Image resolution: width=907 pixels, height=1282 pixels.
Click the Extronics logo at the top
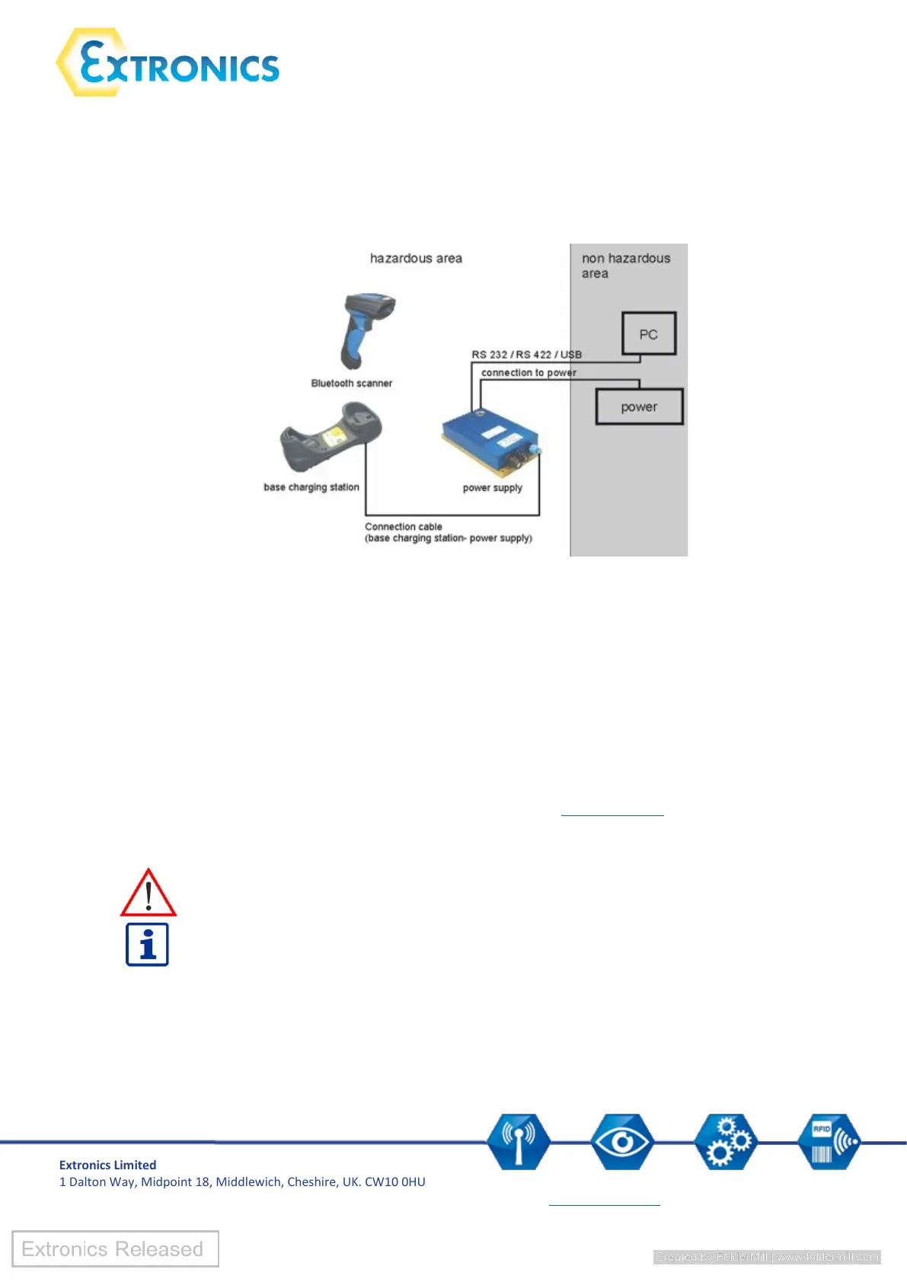168,62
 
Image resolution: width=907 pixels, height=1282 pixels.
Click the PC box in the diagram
649,334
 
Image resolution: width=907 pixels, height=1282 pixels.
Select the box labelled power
639,407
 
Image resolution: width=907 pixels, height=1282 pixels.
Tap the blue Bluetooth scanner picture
366,328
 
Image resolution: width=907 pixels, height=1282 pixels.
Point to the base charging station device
331,438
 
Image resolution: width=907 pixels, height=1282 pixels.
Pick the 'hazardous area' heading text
416,259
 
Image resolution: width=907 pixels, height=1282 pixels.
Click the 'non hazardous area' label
625,266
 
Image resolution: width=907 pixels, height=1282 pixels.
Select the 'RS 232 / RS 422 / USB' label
526,355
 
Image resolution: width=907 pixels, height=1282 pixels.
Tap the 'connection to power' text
529,373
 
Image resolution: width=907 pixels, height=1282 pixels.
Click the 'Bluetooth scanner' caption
352,384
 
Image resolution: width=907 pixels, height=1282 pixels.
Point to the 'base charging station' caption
311,487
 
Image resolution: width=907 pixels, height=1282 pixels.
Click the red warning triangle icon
149,894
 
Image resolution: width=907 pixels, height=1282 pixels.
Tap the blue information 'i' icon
147,945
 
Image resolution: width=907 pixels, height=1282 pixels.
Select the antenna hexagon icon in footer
519,1141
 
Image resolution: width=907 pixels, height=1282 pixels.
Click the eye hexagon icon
622,1141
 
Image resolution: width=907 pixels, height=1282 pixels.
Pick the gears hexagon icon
726,1141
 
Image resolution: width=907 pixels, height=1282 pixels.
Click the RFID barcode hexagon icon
829,1141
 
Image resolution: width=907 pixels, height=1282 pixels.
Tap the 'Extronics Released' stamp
115,1249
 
